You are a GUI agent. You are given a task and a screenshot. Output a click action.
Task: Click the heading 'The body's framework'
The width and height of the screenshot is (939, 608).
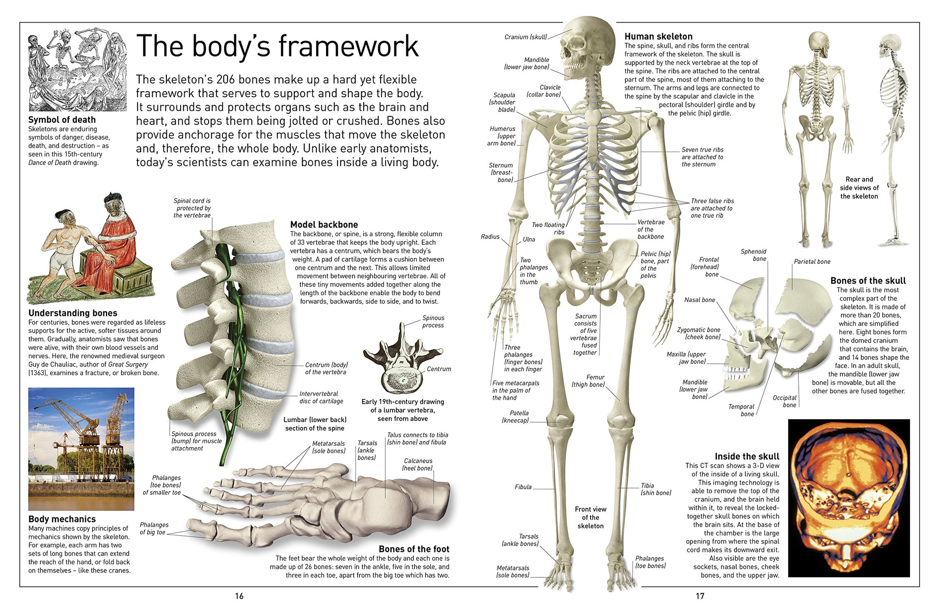pyautogui.click(x=277, y=46)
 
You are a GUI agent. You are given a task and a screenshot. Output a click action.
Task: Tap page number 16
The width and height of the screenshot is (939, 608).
pyautogui.click(x=239, y=596)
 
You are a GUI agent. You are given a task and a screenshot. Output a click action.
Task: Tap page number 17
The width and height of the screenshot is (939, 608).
pyautogui.click(x=700, y=596)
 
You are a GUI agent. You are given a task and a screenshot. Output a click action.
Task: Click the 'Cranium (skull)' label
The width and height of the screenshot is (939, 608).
pyautogui.click(x=525, y=37)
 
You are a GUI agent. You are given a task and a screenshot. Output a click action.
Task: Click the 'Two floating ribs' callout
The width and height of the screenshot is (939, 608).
pyautogui.click(x=548, y=228)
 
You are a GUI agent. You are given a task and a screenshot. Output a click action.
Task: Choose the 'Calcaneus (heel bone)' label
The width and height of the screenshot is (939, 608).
pyautogui.click(x=417, y=464)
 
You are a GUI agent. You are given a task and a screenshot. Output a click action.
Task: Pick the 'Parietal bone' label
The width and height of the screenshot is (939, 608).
pyautogui.click(x=812, y=262)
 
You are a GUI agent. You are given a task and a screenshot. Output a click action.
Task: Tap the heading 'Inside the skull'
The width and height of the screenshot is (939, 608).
pyautogui.click(x=747, y=456)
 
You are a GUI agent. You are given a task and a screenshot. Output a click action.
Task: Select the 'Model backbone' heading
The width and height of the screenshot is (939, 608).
pyautogui.click(x=324, y=225)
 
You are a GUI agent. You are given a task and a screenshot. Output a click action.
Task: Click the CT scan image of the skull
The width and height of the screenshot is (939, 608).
pyautogui.click(x=849, y=498)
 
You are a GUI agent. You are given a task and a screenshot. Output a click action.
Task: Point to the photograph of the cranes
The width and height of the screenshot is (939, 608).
pyautogui.click(x=81, y=449)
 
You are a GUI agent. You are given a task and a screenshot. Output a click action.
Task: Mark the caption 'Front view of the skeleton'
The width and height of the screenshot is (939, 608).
pyautogui.click(x=591, y=517)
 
